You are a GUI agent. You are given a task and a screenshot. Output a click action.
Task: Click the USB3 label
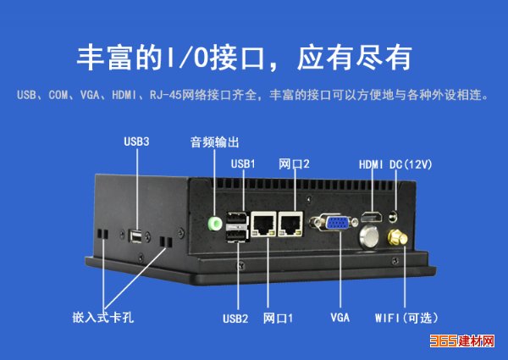(136, 141)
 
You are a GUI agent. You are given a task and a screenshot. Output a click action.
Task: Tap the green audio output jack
(214, 224)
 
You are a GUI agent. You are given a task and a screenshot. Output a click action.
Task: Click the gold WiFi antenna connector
(397, 237)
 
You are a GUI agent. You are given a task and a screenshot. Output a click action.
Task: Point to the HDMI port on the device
(372, 217)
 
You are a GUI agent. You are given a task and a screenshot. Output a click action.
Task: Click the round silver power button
(369, 237)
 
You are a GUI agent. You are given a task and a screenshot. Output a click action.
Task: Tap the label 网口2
(294, 164)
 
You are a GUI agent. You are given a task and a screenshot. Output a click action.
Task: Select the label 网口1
(278, 318)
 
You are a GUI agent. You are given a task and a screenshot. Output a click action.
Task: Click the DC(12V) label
(411, 164)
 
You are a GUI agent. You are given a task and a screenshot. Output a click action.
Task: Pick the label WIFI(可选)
(406, 318)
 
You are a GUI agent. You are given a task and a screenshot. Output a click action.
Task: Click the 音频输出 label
(214, 142)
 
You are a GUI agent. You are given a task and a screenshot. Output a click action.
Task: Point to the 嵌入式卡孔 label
(103, 318)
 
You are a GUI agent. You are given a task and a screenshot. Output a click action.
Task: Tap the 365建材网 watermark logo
(462, 341)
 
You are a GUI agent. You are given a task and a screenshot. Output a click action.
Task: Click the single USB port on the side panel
(135, 235)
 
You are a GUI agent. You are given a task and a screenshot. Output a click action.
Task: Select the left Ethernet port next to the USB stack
(263, 224)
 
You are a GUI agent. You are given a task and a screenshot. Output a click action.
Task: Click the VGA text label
(340, 318)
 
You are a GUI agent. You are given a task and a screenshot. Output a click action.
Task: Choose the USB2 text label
(235, 318)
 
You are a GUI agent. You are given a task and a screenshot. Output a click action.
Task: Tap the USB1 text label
(243, 164)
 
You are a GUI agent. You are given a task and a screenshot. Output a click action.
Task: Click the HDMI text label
(371, 164)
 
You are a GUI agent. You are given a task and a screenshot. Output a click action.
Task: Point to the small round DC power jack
(394, 216)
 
